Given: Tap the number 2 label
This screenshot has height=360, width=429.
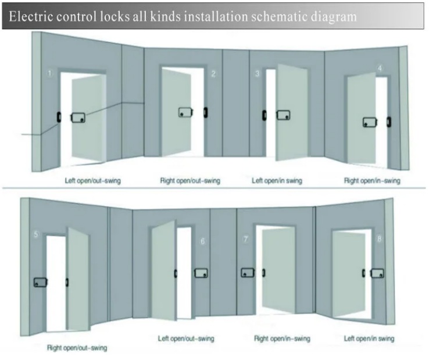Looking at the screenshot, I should [213, 74].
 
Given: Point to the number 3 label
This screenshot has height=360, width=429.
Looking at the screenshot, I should [258, 74].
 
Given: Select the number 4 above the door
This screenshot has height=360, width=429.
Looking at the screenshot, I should [380, 69].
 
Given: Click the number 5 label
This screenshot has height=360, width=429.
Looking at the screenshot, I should [36, 235].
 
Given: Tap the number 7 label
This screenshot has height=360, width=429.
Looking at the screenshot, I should [246, 239].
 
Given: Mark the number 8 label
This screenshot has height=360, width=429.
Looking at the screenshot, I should [380, 238].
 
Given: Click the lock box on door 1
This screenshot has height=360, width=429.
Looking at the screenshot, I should [78, 118].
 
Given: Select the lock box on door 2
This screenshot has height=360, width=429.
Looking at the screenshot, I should [185, 112].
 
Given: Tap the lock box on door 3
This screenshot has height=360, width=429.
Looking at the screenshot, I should [283, 115].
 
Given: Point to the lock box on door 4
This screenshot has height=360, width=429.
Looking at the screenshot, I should [370, 122].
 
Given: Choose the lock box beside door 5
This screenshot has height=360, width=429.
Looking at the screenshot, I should [40, 283].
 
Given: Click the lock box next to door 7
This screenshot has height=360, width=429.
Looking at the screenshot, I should [248, 272].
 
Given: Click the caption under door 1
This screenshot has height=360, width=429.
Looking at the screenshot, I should [93, 181].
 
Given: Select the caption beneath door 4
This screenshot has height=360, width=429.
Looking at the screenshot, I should [372, 181].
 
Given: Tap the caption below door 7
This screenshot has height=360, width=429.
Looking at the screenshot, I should [283, 338].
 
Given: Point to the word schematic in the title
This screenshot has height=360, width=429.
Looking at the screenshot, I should [285, 17].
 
